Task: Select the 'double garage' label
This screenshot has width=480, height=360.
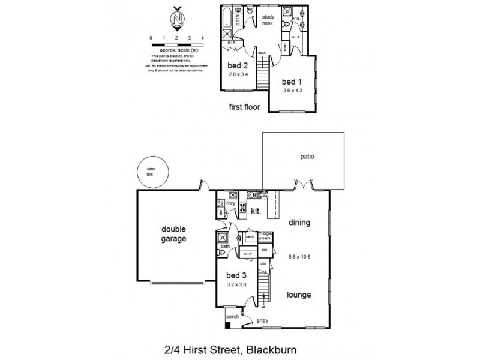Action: tap(173, 233)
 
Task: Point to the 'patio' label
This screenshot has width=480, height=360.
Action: tap(307, 157)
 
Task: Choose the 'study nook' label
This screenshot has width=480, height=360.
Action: tap(268, 20)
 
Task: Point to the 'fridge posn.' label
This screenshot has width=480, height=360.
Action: tap(265, 236)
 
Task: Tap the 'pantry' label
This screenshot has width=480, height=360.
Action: tap(250, 237)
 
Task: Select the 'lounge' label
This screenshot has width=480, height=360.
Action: tap(298, 295)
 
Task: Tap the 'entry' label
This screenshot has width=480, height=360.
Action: tap(263, 322)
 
